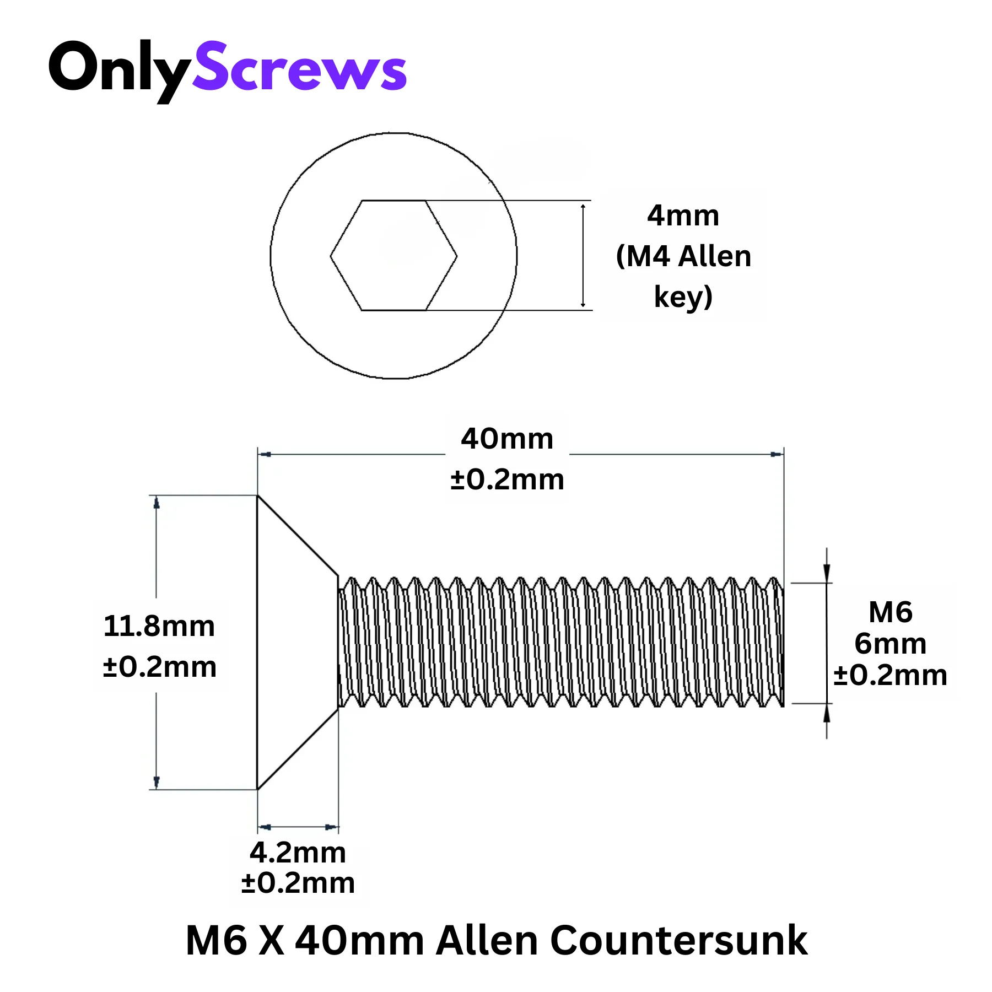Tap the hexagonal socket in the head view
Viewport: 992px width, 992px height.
393,255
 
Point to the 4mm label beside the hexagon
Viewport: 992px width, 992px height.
683,215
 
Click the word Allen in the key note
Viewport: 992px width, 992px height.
715,256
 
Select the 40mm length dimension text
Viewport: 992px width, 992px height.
507,439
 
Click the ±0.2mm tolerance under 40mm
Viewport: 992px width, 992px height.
507,479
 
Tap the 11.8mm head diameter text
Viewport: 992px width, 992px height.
159,627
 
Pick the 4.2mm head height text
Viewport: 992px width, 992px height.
298,853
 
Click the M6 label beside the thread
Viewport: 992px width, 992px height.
891,612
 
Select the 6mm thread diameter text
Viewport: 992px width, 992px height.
891,644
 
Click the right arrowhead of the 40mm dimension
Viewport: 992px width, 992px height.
777,454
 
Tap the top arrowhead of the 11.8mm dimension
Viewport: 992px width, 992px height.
157,502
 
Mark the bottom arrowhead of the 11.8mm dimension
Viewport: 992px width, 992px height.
157,783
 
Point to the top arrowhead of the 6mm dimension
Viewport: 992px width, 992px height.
827,573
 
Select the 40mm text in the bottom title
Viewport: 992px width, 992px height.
360,940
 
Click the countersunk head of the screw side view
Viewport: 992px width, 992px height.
298,643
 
